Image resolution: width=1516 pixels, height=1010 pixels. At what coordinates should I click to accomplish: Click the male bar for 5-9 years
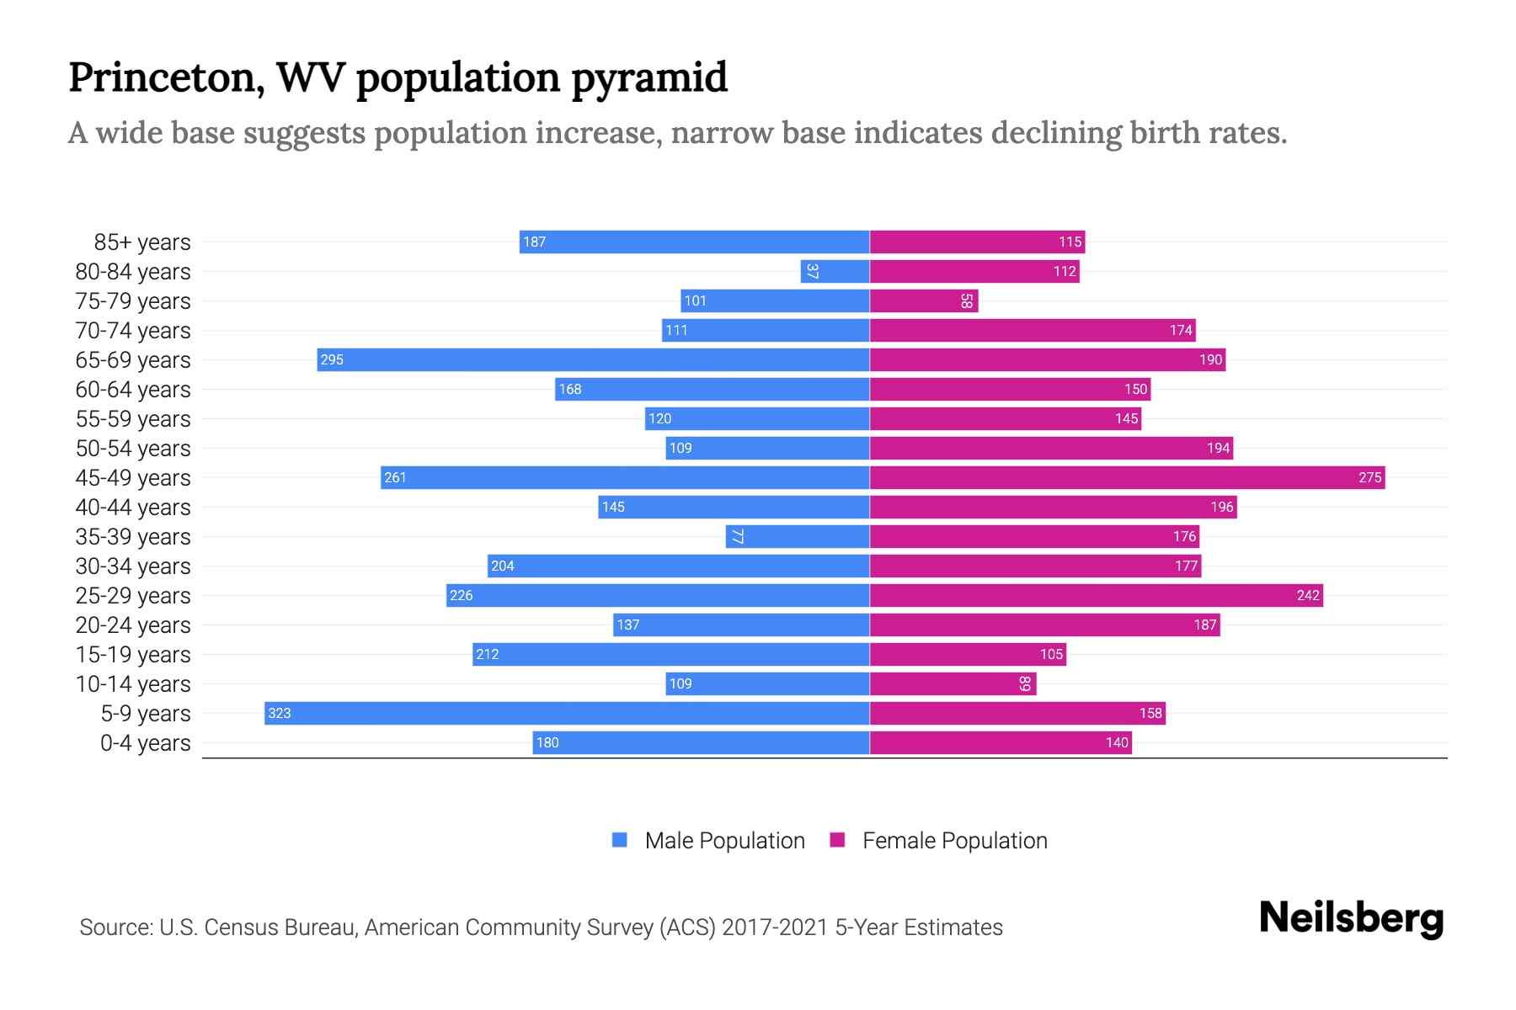tap(566, 713)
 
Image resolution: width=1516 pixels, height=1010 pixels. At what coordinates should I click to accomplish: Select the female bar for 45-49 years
tap(1127, 477)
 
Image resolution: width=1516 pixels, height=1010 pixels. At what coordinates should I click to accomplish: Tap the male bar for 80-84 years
tap(835, 271)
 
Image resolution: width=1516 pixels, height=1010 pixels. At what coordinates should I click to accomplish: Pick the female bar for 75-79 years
tap(923, 300)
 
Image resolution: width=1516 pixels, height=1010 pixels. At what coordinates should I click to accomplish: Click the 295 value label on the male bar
tap(332, 359)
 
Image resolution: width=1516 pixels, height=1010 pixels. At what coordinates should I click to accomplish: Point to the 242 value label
tap(1307, 595)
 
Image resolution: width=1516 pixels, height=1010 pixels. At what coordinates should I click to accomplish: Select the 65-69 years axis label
tap(133, 360)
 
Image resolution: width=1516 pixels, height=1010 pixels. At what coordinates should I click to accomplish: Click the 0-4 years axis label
tap(145, 743)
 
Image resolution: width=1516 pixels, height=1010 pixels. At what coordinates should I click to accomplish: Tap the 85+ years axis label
tap(142, 242)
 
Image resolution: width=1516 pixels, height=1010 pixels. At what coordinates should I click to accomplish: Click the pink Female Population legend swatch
tap(837, 840)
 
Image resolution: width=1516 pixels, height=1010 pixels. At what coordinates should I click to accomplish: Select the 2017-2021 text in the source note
tap(775, 928)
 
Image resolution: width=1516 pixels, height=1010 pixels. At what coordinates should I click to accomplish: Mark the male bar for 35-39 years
tap(797, 536)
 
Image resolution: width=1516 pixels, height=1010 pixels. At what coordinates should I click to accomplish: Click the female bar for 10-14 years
tap(953, 683)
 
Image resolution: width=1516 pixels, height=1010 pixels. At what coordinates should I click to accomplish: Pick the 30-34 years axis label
tap(133, 566)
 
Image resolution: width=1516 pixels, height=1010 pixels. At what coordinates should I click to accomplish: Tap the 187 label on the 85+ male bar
tap(534, 242)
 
